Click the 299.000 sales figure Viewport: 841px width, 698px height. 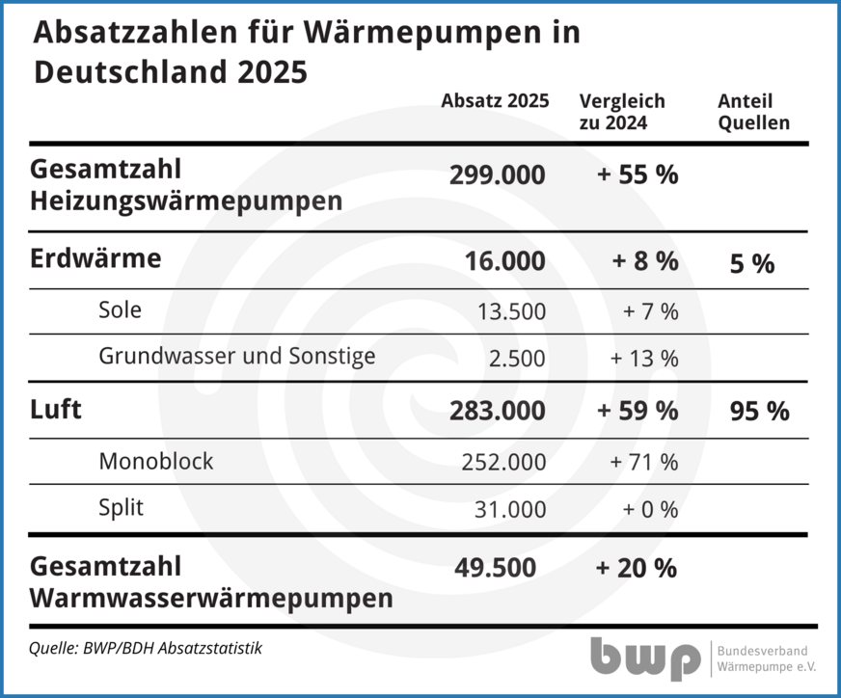[497, 175]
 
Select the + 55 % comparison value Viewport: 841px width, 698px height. [637, 175]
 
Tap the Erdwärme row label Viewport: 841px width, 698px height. [95, 259]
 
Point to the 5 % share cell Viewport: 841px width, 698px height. [751, 263]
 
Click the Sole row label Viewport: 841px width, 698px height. [120, 309]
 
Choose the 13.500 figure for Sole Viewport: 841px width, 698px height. [511, 311]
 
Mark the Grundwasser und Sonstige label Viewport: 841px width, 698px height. [236, 356]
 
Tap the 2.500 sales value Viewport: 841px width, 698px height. [517, 358]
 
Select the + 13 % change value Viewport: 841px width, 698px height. [643, 358]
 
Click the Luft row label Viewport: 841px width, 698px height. [56, 410]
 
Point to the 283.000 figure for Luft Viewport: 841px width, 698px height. [497, 411]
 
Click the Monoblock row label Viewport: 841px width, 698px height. [155, 461]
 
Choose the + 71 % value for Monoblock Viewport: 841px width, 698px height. [643, 462]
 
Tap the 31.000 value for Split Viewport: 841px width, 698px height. [511, 509]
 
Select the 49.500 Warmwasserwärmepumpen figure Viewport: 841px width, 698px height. [495, 568]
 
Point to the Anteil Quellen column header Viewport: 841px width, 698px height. [753, 112]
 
